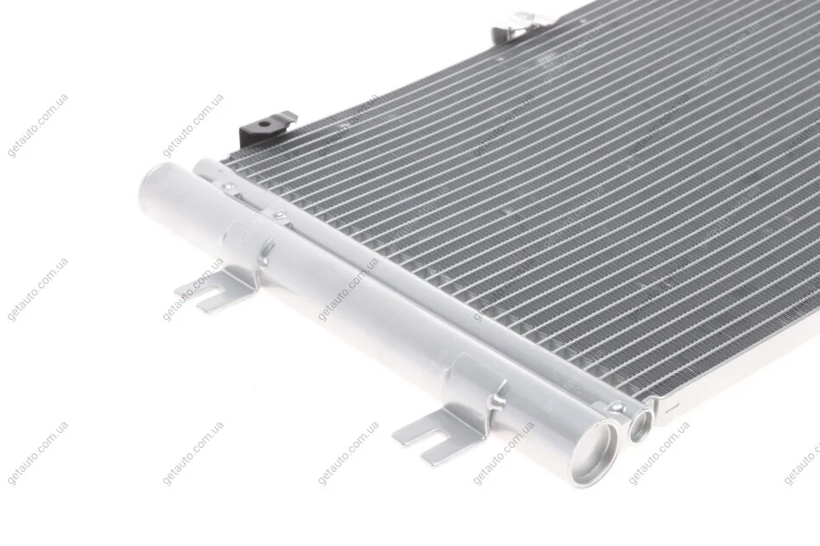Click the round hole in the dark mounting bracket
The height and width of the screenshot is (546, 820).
(x=266, y=124)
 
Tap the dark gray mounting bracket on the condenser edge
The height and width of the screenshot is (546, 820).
(x=262, y=129)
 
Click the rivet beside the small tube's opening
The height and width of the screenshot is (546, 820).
(x=617, y=406)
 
